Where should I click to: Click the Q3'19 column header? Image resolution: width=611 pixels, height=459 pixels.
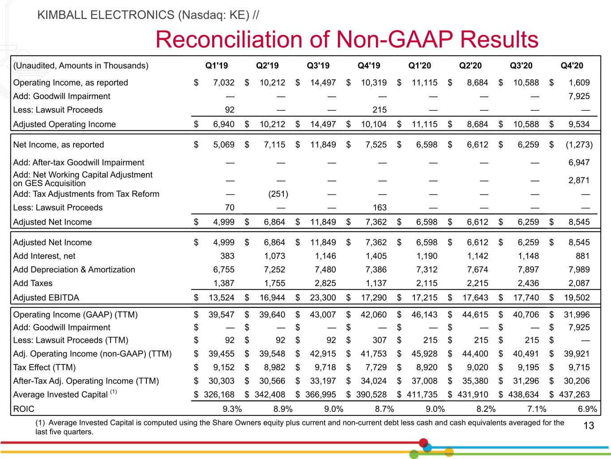[318, 65]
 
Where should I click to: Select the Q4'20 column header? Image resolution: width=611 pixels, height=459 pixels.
[572, 65]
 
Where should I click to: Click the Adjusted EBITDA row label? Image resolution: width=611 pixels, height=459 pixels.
[46, 298]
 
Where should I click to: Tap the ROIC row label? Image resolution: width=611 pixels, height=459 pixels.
[24, 409]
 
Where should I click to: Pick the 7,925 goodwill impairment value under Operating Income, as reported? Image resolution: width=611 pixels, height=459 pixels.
[579, 96]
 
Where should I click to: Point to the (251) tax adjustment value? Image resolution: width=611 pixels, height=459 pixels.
[278, 194]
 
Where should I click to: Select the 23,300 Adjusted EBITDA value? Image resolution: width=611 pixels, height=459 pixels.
[323, 298]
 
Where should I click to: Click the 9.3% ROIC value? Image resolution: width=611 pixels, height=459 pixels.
[232, 409]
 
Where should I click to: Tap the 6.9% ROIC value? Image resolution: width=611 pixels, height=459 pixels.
[587, 409]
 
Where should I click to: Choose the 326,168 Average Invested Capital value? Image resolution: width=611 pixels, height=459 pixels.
[219, 394]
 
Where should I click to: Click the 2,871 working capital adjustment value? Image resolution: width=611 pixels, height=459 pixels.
[579, 180]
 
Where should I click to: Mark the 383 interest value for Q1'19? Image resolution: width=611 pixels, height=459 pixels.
[227, 256]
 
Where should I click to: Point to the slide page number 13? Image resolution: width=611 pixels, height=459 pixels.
[589, 425]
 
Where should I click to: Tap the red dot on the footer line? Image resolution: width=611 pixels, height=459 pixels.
[423, 442]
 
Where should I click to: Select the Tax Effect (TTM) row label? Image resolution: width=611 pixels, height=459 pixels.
[44, 367]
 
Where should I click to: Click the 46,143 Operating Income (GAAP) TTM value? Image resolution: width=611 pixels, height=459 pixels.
[424, 315]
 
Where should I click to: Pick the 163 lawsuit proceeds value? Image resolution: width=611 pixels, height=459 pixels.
[380, 208]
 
